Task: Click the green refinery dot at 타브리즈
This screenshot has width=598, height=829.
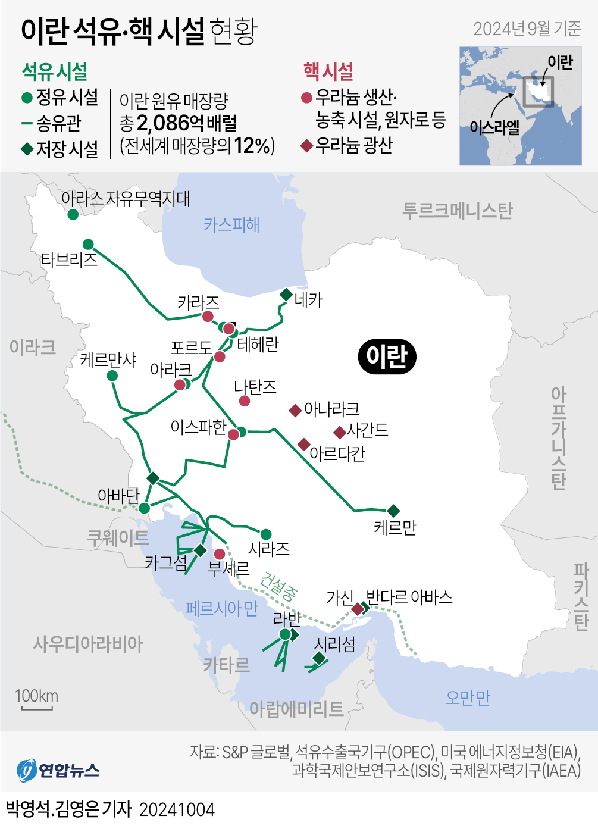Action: click(88, 244)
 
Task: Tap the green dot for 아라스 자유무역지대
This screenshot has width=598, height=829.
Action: click(73, 214)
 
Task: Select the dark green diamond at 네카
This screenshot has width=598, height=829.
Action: click(286, 295)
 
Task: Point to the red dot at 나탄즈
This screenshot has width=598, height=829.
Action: click(244, 401)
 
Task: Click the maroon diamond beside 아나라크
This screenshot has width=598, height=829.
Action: click(295, 410)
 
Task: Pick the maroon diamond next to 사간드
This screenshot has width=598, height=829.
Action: click(340, 432)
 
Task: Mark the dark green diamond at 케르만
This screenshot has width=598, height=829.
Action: click(393, 511)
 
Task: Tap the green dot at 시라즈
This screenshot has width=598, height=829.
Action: click(266, 534)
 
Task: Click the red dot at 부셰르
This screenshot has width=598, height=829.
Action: click(220, 554)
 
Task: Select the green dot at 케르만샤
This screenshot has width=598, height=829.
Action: click(112, 376)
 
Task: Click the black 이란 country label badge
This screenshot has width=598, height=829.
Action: click(387, 356)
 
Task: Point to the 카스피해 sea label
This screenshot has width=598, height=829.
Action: click(231, 225)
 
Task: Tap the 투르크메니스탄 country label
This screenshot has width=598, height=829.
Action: click(457, 211)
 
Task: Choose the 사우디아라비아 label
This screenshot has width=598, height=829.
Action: click(88, 644)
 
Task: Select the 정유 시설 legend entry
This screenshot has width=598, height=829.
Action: click(60, 97)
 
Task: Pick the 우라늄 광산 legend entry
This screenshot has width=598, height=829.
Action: click(348, 145)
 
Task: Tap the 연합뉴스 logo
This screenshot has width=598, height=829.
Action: click(58, 770)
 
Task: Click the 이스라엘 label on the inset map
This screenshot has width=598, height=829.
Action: click(494, 127)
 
